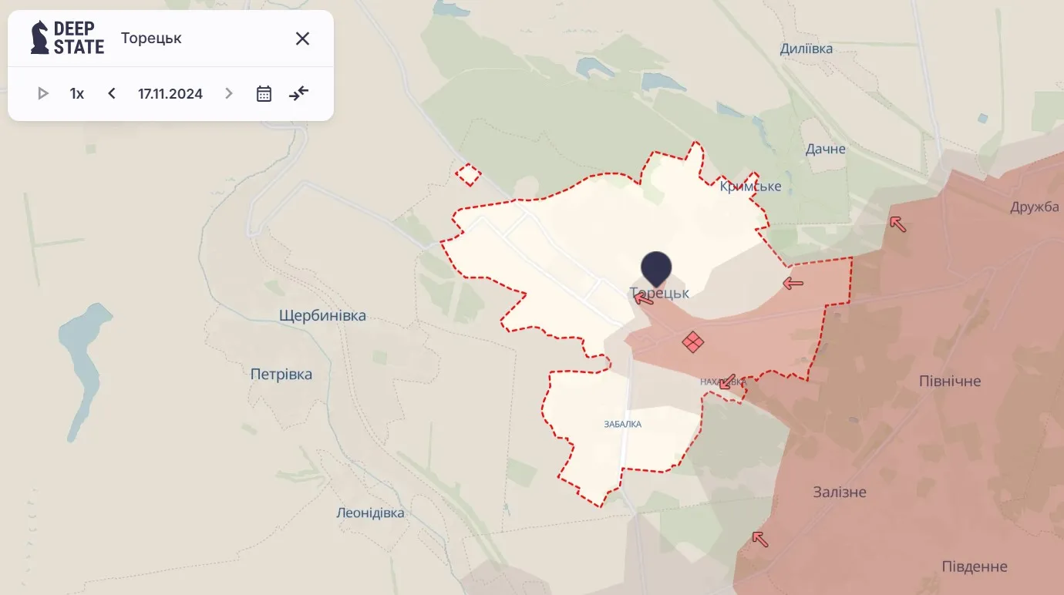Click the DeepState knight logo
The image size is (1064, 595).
[40, 38]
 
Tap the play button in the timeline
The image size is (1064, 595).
[43, 93]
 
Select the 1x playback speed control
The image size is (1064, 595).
[77, 94]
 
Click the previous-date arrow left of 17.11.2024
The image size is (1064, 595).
[112, 93]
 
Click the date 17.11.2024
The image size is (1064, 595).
[170, 94]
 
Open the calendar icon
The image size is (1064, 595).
[264, 94]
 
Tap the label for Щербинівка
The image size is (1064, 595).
[322, 316]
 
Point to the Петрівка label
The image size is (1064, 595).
[281, 375]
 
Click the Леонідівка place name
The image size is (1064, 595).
[370, 513]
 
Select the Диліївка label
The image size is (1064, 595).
[806, 49]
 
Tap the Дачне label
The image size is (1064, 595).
[825, 149]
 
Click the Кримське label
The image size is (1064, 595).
[750, 187]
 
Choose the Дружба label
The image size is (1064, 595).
[1035, 207]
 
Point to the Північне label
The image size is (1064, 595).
[950, 382]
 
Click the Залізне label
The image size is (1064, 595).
[840, 492]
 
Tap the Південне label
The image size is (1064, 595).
[975, 567]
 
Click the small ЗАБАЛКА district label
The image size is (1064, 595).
[622, 424]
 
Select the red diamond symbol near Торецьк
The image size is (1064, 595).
[692, 341]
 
